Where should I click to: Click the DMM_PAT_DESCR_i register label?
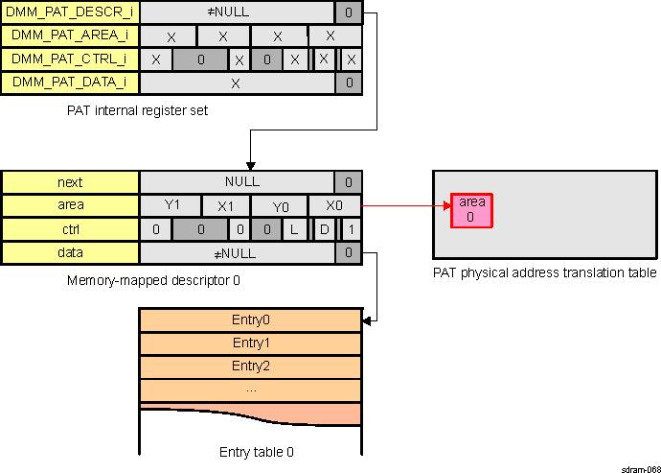point(71,13)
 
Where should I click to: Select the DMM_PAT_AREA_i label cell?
point(71,36)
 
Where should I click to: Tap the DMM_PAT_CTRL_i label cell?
point(71,59)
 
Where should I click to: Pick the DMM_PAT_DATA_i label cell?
point(71,83)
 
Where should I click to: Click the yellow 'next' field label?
point(71,182)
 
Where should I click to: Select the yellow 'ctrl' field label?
point(71,229)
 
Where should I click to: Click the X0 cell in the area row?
point(334,205)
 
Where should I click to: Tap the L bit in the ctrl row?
point(295,229)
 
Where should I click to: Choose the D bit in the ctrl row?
point(324,229)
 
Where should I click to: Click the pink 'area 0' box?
point(471,210)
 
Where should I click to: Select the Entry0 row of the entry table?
point(251,319)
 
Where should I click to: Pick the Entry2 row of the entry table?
point(251,366)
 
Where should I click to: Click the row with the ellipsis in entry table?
point(251,390)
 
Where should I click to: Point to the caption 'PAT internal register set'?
point(138,110)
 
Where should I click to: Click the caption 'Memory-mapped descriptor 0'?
point(153,281)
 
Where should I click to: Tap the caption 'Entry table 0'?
point(251,451)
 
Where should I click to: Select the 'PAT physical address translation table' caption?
point(544,273)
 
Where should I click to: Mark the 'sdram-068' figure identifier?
point(639,467)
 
